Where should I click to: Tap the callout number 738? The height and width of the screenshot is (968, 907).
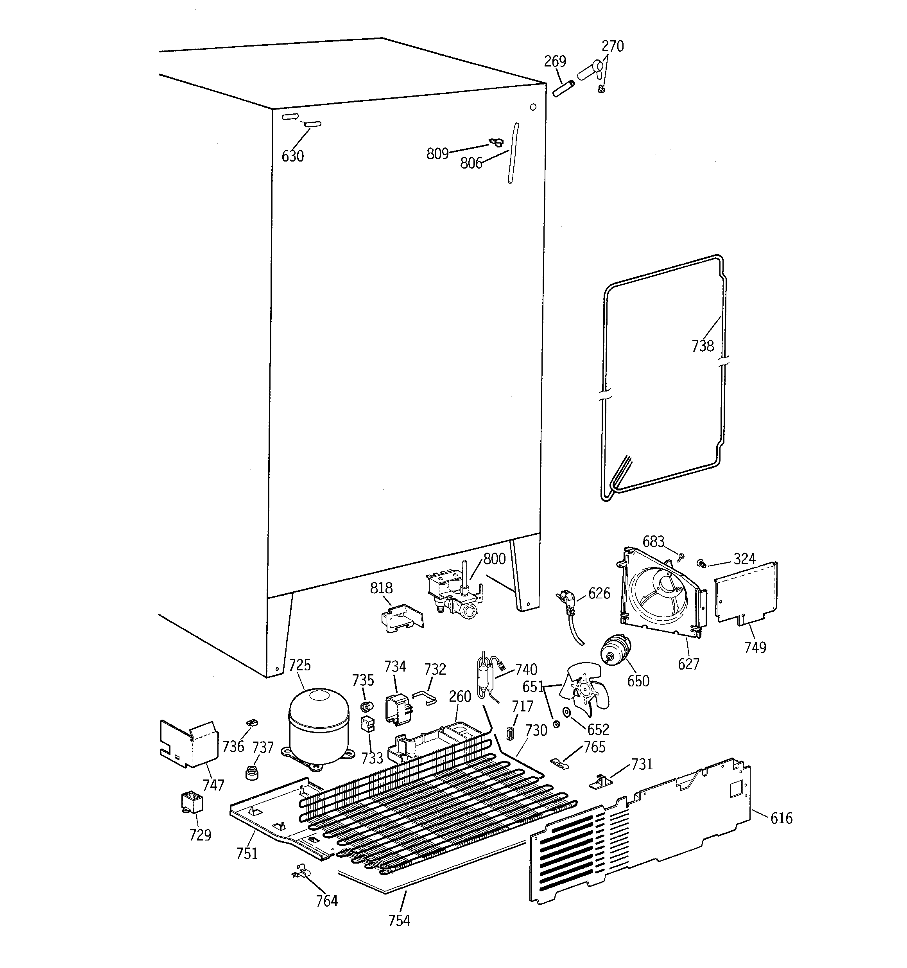click(703, 346)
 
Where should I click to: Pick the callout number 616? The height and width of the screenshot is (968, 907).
click(781, 818)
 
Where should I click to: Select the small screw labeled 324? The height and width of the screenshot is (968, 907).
click(701, 563)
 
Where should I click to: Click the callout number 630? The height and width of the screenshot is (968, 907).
click(292, 156)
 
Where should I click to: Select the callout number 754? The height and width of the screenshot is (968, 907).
click(399, 920)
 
